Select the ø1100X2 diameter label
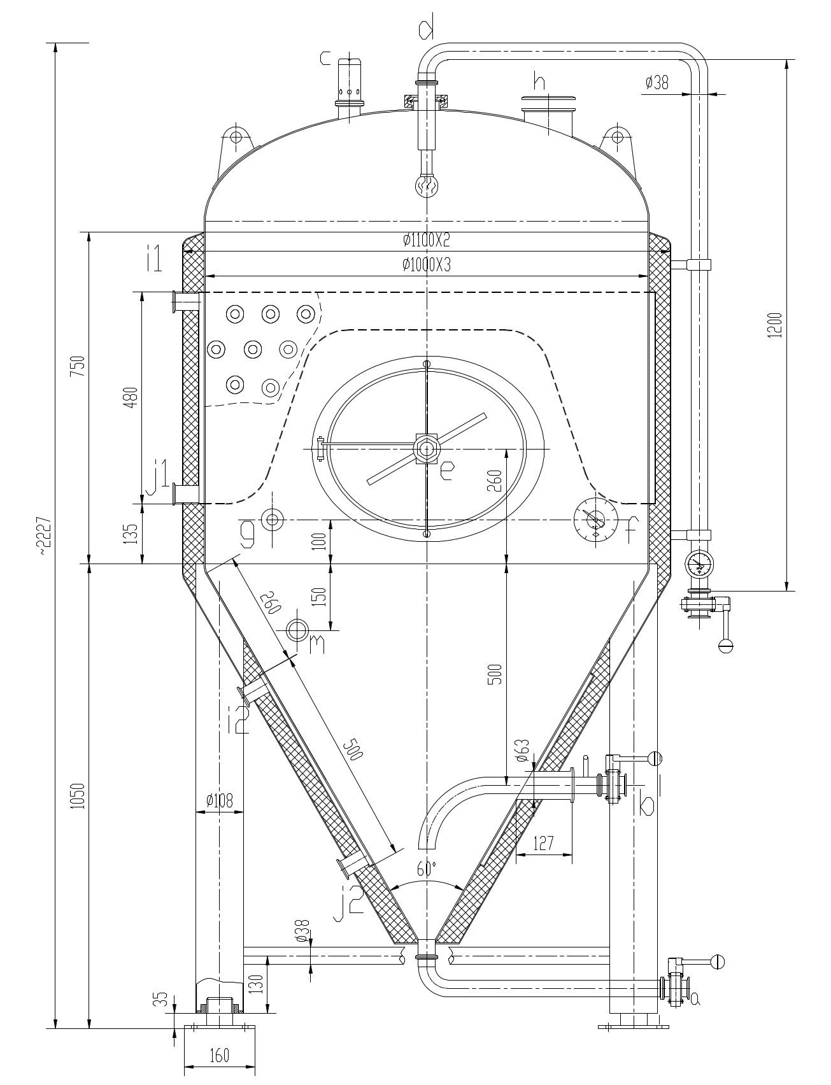tap(426, 240)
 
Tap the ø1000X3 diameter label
tap(426, 265)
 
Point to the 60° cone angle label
tap(427, 869)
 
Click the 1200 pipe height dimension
tap(773, 325)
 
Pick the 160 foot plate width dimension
tap(219, 1055)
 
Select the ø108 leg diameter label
tap(220, 800)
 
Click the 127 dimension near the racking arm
tap(543, 843)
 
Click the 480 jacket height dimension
tap(130, 397)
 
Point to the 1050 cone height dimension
tap(76, 796)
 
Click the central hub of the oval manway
tap(426, 448)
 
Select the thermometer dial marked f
tap(595, 520)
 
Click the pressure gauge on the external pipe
tap(699, 563)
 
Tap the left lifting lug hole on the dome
tap(236, 137)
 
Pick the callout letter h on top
tap(539, 81)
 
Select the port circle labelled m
tap(297, 630)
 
